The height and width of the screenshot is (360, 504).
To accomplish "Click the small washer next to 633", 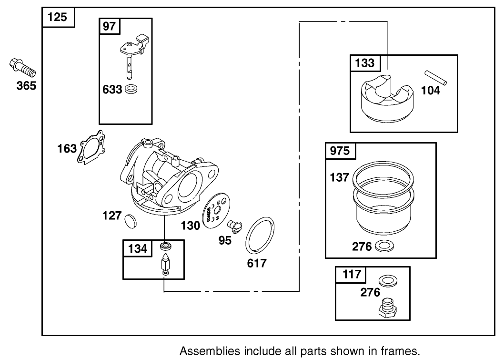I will click(x=131, y=89).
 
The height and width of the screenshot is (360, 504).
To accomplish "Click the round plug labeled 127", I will click(x=130, y=221).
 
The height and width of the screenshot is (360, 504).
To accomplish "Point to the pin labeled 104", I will click(x=436, y=78).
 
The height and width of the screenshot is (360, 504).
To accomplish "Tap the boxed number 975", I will click(x=340, y=151).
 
